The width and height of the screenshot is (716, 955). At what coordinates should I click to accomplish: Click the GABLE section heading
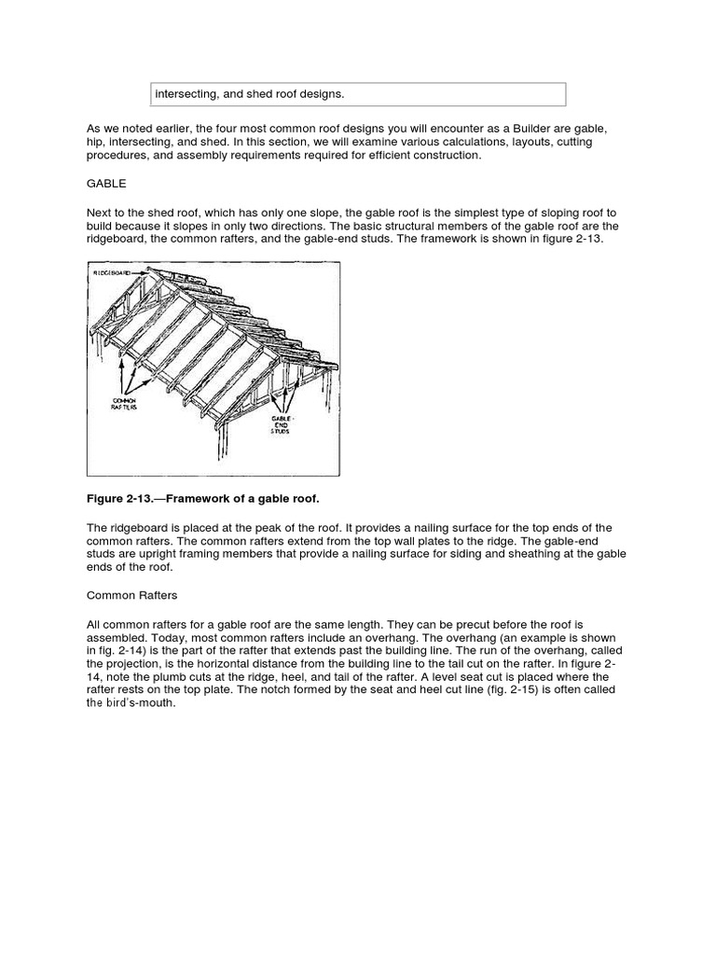105,185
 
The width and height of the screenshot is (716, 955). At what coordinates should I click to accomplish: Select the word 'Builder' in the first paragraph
486,128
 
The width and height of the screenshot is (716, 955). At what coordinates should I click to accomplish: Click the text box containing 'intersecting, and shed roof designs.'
358,94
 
